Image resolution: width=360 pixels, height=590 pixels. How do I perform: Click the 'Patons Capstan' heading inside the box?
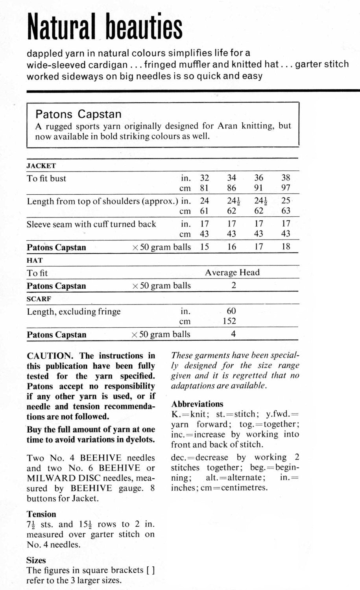78,114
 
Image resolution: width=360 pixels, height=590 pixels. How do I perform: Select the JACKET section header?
41,166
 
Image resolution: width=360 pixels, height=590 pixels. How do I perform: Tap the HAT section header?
35,260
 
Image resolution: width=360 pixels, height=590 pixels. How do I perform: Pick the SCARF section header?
39,299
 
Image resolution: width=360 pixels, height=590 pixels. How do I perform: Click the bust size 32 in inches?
205,178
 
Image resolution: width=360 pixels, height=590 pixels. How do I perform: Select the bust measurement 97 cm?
286,188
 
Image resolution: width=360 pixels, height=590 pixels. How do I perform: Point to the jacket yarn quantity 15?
204,247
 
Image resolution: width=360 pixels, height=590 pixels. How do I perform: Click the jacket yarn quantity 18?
286,247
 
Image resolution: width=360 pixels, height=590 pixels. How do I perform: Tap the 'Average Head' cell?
232,273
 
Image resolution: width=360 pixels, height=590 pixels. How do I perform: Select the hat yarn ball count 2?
233,286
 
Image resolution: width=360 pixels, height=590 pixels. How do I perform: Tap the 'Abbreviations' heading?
197,404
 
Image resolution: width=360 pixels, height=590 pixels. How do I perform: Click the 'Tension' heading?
41,514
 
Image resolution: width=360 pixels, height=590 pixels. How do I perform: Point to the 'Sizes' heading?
36,560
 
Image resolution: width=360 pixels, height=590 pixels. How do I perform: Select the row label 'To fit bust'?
46,179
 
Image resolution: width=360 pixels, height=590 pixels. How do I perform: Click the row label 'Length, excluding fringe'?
74,312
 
